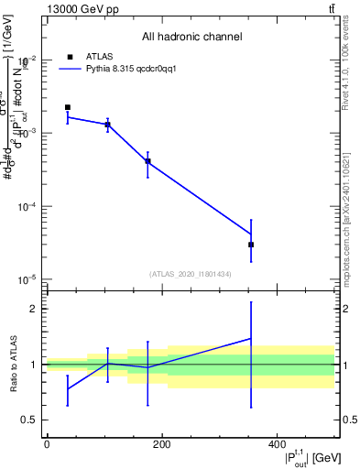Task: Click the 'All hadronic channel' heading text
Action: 191,37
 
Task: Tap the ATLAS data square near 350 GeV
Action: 251,245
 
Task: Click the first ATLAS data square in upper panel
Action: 68,107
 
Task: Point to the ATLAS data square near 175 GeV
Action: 147,161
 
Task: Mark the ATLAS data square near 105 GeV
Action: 108,125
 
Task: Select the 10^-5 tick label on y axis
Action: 27,279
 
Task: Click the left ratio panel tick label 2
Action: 33,309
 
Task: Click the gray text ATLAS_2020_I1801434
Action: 191,274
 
